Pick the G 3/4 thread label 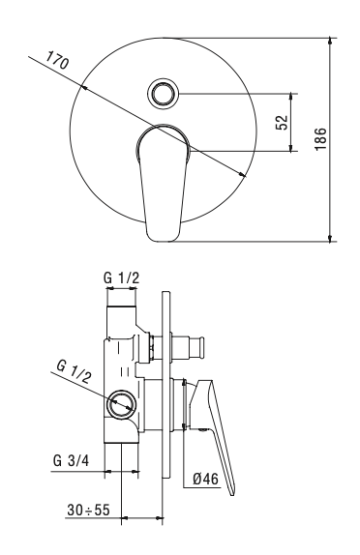click(x=70, y=461)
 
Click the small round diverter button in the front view click(x=162, y=94)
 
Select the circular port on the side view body click(x=122, y=405)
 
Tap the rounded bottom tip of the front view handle click(x=161, y=235)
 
